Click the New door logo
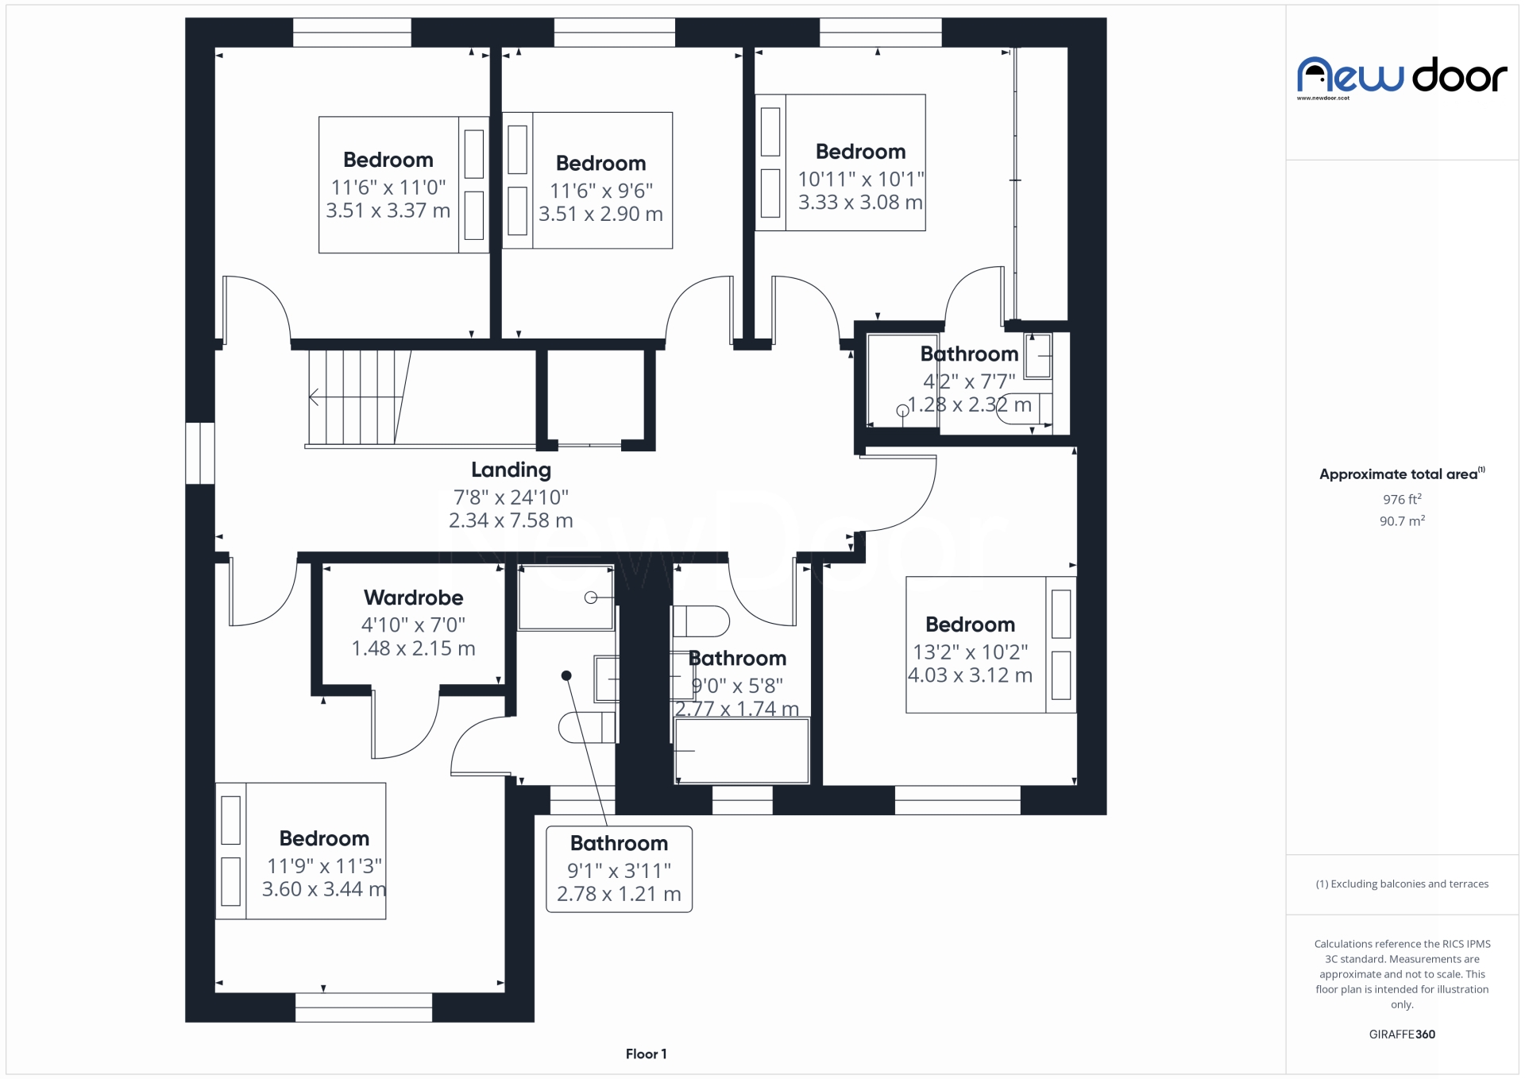(1401, 76)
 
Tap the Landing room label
(511, 470)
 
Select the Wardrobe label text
(413, 598)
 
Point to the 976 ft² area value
(1401, 499)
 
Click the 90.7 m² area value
(1401, 521)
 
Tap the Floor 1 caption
(646, 1054)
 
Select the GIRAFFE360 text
(1401, 1034)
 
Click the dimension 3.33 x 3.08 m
(860, 203)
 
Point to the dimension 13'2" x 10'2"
(970, 652)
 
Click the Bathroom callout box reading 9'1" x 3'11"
(619, 868)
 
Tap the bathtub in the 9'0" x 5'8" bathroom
(741, 751)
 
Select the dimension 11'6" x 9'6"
(601, 191)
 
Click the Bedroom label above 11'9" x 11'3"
(324, 838)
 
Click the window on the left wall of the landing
(200, 453)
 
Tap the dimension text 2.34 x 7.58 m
(511, 520)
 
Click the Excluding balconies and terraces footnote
(1401, 884)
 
